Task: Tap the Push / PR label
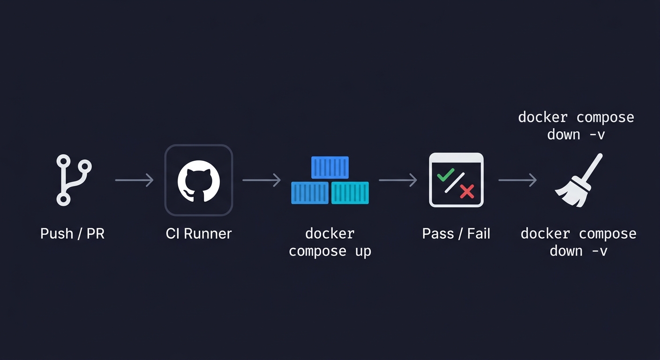point(72,233)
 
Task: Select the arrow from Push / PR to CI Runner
point(134,180)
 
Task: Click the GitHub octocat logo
point(199,180)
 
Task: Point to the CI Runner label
point(199,233)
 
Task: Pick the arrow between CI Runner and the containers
point(262,180)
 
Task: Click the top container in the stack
point(330,167)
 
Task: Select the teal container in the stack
point(350,193)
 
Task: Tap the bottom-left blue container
point(310,193)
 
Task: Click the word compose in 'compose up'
point(318,251)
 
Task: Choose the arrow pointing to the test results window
point(397,180)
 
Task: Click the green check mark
point(445,176)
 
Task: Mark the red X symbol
point(467,191)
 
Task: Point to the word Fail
point(479,233)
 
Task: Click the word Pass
point(438,233)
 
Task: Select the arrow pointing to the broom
point(517,180)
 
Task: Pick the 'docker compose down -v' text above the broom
point(576,126)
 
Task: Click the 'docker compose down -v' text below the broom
point(578,242)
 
